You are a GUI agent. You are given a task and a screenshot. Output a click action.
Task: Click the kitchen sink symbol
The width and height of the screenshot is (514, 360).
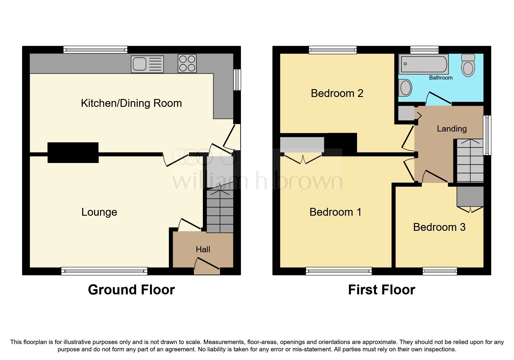point(147,64)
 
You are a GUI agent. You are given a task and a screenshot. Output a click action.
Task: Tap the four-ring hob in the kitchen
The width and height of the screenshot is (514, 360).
point(187,64)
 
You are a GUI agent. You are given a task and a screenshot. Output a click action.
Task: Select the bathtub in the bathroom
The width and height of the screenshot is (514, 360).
point(424,64)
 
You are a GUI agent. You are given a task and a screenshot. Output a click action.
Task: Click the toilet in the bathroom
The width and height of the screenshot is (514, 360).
point(468,65)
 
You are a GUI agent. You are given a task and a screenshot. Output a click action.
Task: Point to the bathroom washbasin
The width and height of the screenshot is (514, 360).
point(405,87)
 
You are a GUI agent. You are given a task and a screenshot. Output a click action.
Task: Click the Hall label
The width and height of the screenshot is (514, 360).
point(203,249)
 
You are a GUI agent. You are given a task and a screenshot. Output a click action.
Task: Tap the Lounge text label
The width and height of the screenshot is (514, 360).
point(99,212)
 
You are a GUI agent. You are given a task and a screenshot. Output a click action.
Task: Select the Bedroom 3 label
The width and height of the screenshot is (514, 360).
point(439,227)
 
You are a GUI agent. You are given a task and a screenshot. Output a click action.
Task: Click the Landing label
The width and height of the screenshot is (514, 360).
point(452,129)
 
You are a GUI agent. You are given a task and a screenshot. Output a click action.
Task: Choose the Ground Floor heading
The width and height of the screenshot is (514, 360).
point(131,290)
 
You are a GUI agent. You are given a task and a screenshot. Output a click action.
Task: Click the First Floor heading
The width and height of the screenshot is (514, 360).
point(381,290)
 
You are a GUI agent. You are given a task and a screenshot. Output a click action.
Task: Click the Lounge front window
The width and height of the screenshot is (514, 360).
point(104,271)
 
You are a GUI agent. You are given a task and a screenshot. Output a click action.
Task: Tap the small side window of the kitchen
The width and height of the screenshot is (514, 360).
point(237,80)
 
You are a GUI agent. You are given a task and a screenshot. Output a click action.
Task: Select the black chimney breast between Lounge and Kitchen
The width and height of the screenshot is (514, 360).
point(73,152)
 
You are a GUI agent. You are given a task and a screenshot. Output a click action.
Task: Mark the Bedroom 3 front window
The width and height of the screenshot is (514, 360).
point(440,271)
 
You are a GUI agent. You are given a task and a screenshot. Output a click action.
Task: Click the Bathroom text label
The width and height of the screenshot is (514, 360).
point(441,78)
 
